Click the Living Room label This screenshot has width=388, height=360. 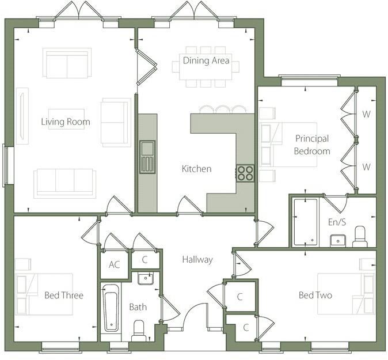pos(66,122)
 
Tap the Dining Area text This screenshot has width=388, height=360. pos(206,60)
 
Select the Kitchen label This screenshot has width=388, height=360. pos(196,169)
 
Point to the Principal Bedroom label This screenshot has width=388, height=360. pos(312,145)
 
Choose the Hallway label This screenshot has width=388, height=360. pos(197,260)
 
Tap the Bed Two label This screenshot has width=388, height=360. pos(315,295)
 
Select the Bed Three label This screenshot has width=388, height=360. pos(64,295)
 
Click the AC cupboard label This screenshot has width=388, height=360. pos(114,265)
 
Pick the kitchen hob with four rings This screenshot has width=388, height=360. pos(245,173)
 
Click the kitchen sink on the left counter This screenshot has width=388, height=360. pos(147,156)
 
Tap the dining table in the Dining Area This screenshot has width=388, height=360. pos(206,67)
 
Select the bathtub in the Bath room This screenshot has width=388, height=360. pos(111,308)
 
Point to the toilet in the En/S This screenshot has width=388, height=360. pos(360,236)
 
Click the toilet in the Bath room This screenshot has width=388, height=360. pos(139,330)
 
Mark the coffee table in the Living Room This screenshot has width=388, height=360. pos(66,118)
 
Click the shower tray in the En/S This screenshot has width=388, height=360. pos(305,222)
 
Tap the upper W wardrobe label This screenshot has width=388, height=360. pos(366,113)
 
